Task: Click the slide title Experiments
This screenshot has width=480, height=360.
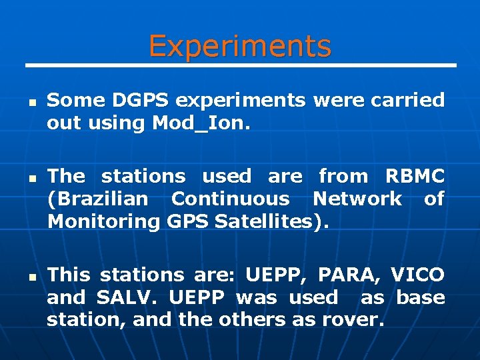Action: [239, 46]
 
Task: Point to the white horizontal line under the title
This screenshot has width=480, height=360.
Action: [240, 65]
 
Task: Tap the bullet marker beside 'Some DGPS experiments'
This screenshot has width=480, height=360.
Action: [31, 104]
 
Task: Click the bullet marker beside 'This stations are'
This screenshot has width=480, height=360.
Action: [31, 277]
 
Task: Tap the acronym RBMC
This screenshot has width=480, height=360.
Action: [415, 177]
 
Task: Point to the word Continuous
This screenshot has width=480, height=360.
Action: [230, 199]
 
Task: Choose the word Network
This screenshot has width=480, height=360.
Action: [357, 199]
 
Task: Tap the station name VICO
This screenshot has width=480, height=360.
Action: [417, 275]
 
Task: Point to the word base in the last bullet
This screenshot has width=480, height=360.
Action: [421, 297]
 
